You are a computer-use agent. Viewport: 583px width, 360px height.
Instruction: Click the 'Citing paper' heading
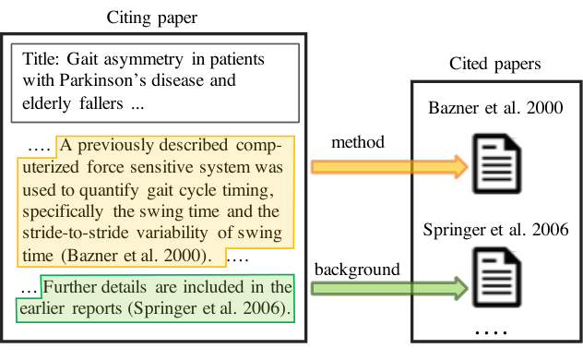click(x=151, y=18)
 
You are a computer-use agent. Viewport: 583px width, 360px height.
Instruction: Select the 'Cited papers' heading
click(x=494, y=64)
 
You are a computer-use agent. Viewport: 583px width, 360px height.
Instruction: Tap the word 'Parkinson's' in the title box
click(x=102, y=80)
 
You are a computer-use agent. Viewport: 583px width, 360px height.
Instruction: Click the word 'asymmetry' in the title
click(x=144, y=59)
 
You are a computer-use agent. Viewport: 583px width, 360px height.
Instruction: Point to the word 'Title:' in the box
click(x=41, y=59)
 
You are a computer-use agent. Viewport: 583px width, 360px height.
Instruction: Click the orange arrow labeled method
click(x=389, y=167)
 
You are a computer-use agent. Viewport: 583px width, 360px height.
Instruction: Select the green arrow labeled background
click(x=389, y=288)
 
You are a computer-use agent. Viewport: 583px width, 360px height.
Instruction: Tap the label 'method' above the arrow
click(x=358, y=142)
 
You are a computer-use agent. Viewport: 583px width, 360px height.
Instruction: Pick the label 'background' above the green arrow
click(x=357, y=270)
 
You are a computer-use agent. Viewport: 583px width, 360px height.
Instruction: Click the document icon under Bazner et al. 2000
click(x=496, y=163)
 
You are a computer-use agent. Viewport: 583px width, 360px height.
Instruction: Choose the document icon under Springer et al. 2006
click(x=496, y=277)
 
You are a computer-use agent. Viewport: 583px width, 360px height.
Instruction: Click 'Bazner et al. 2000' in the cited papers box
click(x=495, y=108)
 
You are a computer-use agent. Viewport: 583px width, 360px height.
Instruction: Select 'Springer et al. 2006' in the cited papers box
click(x=495, y=230)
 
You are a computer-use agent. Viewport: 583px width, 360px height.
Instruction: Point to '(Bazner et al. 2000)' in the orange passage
click(x=137, y=256)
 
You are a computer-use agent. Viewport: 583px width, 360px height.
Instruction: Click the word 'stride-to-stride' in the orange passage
click(x=76, y=233)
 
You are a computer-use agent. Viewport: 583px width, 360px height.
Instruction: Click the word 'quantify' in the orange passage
click(x=109, y=190)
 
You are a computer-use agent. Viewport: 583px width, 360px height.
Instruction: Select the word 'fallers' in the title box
click(x=101, y=103)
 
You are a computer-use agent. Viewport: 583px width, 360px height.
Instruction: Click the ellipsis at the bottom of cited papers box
click(x=491, y=331)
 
